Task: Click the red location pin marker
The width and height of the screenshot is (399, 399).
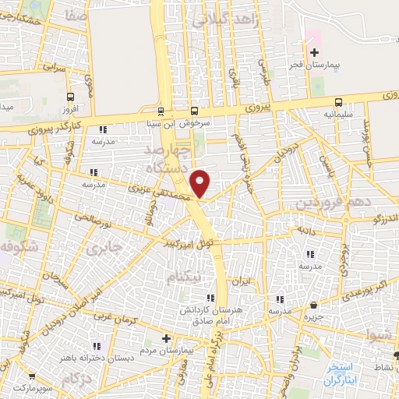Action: [200, 183]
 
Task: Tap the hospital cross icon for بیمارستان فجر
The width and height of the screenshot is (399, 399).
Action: [314, 54]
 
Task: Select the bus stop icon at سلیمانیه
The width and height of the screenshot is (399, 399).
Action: [338, 102]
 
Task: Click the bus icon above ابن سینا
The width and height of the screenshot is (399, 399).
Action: [160, 111]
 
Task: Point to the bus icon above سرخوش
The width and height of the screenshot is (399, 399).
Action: [194, 111]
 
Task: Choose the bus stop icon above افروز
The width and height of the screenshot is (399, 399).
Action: [72, 98]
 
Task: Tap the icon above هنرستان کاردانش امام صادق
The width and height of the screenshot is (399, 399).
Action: [209, 298]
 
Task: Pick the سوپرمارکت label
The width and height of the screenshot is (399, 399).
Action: [30, 387]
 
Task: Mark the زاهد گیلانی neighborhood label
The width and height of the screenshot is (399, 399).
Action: [229, 21]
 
